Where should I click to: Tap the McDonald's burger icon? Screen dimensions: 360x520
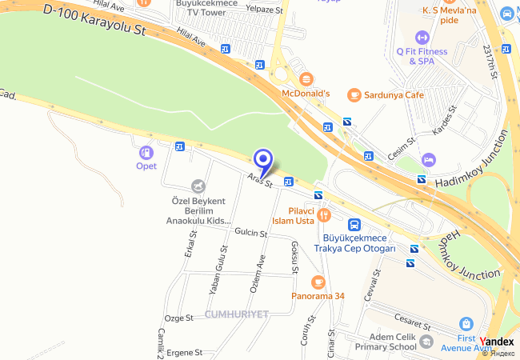306,78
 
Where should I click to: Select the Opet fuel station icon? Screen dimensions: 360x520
146,152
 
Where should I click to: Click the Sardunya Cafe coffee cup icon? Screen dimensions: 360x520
354,94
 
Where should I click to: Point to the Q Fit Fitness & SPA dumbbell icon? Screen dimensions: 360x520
422,37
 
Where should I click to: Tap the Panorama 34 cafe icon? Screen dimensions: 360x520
318,281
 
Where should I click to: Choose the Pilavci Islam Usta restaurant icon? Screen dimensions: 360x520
324,214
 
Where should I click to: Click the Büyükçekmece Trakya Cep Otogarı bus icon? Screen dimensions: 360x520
354,226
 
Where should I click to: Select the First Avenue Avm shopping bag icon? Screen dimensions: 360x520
466,324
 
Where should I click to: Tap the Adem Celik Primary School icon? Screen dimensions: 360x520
426,342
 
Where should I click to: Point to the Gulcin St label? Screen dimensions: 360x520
250,233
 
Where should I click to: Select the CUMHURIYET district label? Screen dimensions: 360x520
237,314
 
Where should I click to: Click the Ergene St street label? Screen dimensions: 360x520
183,352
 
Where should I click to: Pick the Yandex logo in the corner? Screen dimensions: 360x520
498,342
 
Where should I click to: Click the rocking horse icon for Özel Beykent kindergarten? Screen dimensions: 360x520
198,186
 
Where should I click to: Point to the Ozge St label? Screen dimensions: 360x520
179,318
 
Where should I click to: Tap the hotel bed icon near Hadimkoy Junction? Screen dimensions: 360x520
429,160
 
